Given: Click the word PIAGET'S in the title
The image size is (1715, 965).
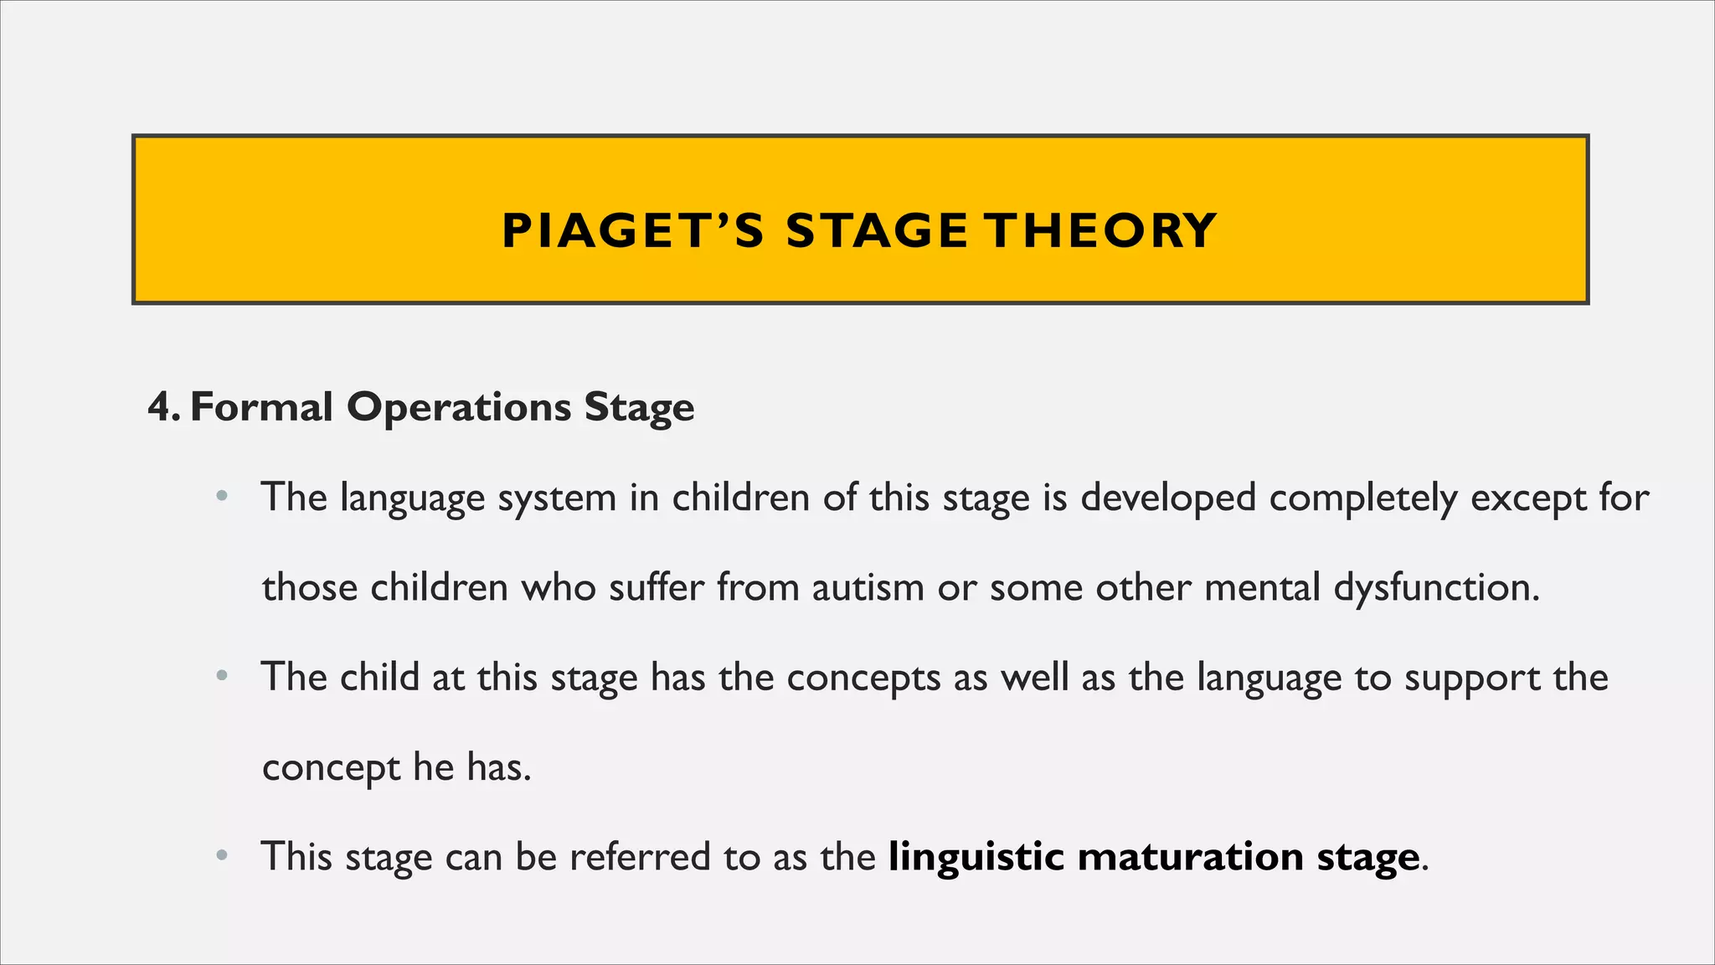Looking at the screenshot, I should coord(632,231).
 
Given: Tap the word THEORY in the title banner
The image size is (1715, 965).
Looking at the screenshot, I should coord(1100,231).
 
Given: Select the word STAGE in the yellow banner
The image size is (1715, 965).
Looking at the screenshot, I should coord(877,231).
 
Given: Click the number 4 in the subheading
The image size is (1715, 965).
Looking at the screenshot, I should coord(159,408).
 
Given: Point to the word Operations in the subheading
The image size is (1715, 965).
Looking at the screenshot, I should coord(459,408).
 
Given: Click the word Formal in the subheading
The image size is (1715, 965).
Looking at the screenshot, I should coord(261,408).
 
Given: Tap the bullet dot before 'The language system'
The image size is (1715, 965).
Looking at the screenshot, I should coord(221,497).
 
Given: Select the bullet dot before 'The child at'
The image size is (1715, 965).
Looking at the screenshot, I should coord(221,677).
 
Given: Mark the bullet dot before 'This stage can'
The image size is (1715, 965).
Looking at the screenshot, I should coord(221,856).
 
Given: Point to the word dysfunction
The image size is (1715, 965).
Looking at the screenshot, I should coord(1435,587).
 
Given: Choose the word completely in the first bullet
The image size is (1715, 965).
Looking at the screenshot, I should coord(1362,498).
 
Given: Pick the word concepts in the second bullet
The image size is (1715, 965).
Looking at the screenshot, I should coord(863,678).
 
